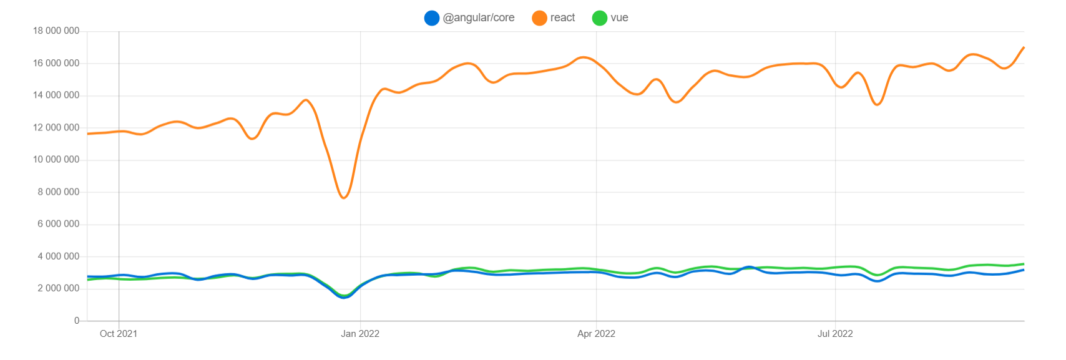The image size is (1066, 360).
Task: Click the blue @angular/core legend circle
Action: click(432, 18)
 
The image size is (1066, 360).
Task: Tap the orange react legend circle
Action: click(539, 18)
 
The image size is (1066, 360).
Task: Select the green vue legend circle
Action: click(599, 18)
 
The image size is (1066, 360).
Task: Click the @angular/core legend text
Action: click(479, 18)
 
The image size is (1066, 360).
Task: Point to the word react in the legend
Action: click(562, 18)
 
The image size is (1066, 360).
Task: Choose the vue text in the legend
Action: click(619, 18)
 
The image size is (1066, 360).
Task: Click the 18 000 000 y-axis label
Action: click(56, 31)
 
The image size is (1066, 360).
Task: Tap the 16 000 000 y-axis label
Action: click(56, 63)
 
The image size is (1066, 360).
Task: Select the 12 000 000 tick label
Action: click(56, 127)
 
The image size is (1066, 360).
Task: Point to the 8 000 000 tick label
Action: click(59, 192)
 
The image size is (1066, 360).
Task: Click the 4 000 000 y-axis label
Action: click(59, 256)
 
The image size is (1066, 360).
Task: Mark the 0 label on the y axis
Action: click(77, 321)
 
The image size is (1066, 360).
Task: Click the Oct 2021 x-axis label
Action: click(119, 334)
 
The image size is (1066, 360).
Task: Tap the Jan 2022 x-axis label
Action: click(360, 334)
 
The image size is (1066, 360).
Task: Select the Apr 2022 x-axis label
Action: click(596, 334)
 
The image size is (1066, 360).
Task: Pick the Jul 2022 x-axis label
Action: click(835, 334)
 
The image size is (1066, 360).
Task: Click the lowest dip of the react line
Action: click(344, 198)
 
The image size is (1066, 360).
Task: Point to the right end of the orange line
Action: click(1024, 47)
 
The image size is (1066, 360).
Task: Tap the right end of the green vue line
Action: click(1024, 264)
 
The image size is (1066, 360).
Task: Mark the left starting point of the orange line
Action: click(87, 134)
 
